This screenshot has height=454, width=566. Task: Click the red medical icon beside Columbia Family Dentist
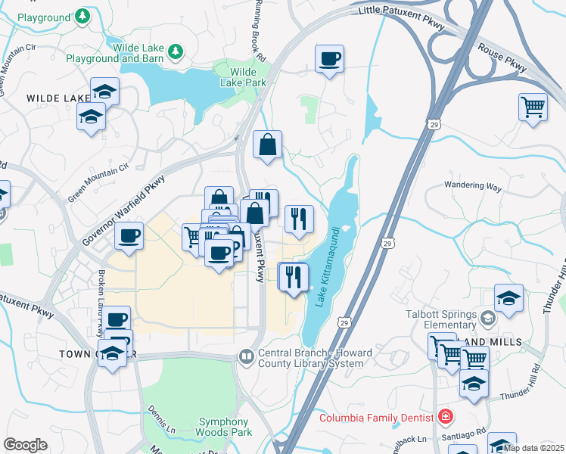pos(446,417)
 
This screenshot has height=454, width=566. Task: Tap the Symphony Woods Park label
pos(224,428)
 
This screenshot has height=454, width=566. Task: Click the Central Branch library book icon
pos(247,356)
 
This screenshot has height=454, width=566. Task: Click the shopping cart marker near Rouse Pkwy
pos(533,106)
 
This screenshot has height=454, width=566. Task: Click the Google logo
pos(25,445)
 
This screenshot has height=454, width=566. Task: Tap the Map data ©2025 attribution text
pos(533,448)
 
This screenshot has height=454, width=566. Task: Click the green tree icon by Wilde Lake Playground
pos(176,51)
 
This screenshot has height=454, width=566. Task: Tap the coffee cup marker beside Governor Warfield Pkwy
pos(129,235)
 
